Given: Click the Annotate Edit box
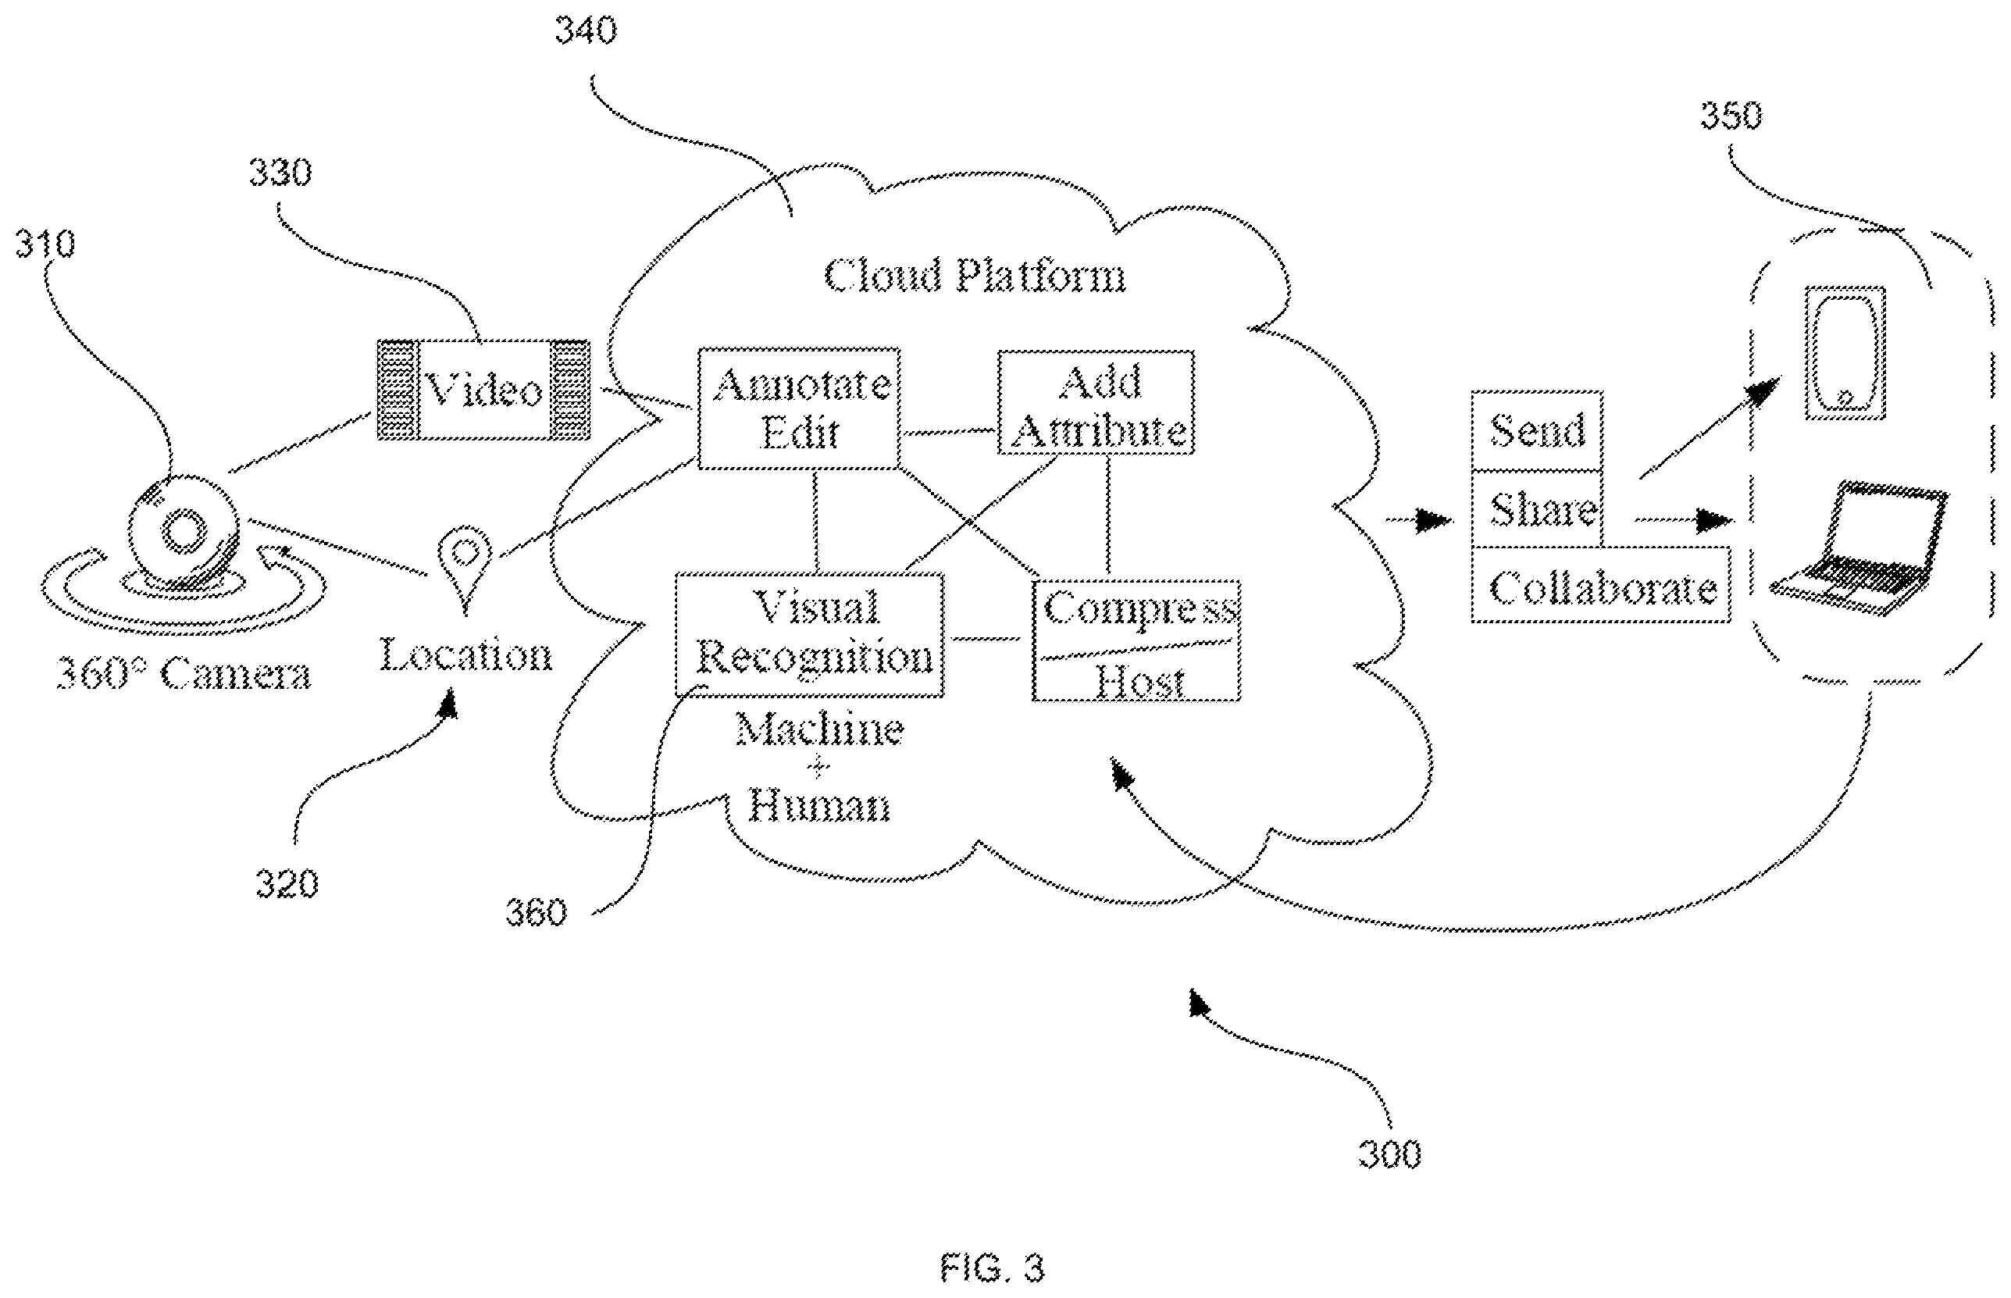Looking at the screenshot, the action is (799, 408).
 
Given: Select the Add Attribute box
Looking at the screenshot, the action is (1096, 403).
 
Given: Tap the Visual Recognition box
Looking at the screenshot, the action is (810, 635).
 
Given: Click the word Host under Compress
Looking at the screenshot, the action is (1139, 681).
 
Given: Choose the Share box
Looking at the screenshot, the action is (1536, 509).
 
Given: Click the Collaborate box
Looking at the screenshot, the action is (1600, 585).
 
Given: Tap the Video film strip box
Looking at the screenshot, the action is (483, 390).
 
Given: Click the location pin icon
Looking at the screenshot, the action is (465, 565).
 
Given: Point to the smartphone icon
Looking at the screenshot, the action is (1844, 353).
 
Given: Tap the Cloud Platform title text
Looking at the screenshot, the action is (975, 276).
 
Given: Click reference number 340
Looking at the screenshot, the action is (586, 30).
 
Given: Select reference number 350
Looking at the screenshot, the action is (1731, 116).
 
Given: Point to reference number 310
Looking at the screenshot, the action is (45, 244).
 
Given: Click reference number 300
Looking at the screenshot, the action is (1390, 1153).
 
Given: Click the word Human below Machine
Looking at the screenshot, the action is (818, 806).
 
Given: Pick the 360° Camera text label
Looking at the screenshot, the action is (183, 673).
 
